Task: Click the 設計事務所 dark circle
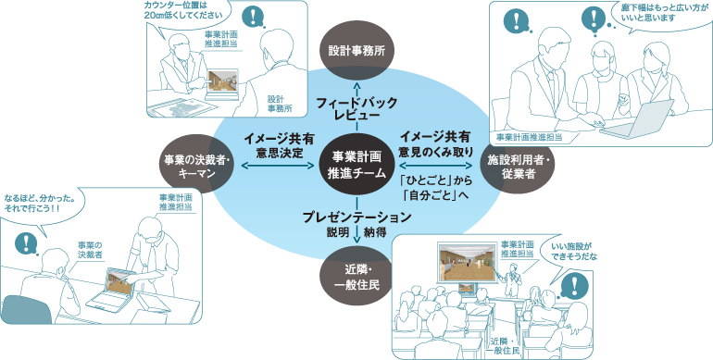356,51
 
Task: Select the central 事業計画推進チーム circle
356,165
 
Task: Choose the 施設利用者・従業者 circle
517,167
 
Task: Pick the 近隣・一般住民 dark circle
356,278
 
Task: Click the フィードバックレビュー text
356,108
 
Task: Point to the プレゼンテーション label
356,217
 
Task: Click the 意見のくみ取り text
435,151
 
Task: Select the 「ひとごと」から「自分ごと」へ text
435,188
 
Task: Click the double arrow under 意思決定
279,166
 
